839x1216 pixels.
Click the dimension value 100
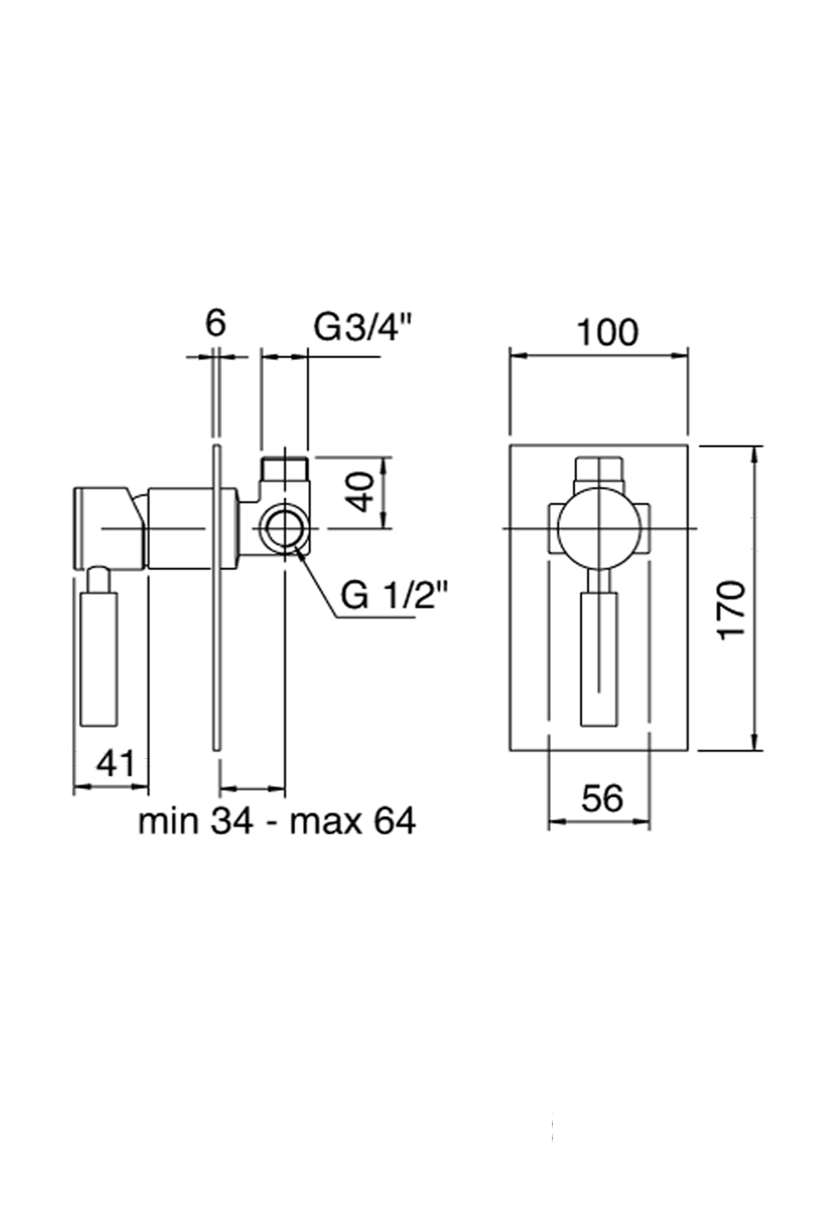click(x=607, y=332)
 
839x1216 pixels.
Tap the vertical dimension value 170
click(x=733, y=609)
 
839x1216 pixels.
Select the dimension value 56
click(x=601, y=798)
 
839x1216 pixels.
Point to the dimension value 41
click(x=117, y=765)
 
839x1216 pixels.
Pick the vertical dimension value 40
click(x=363, y=492)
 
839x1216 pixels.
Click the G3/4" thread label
click(x=363, y=327)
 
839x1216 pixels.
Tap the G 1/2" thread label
click(x=394, y=595)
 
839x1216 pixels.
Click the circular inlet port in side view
click(x=282, y=528)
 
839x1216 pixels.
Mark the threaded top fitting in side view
click(x=284, y=469)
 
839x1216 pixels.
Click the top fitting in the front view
click(x=598, y=469)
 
